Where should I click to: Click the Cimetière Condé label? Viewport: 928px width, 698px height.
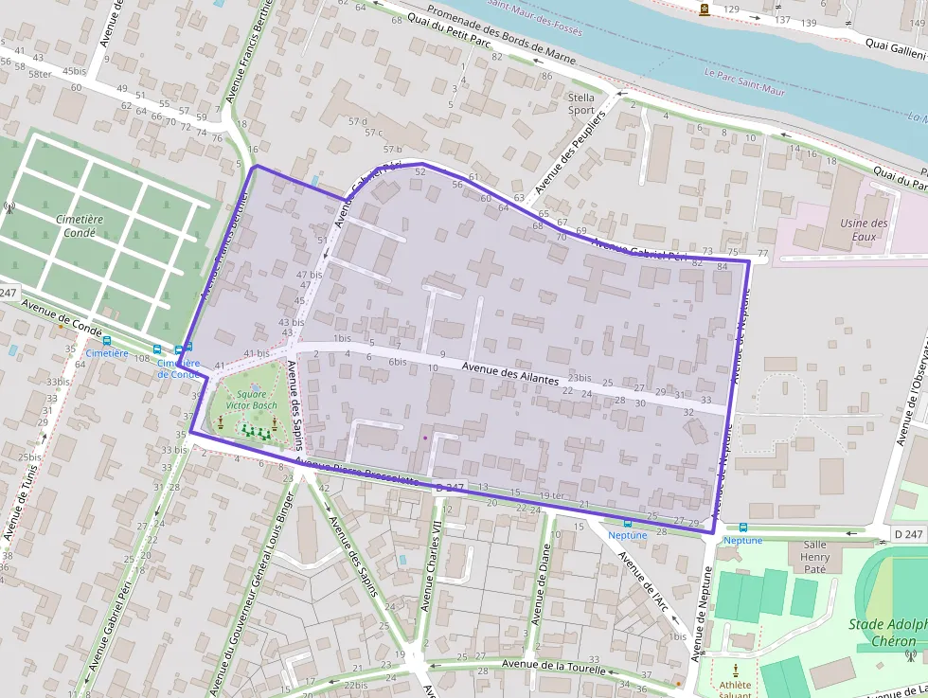[x=80, y=225]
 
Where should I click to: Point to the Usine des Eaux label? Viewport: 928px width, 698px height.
[x=864, y=230]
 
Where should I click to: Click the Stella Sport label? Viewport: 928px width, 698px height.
[x=581, y=103]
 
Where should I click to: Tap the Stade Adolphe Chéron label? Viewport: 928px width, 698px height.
[x=886, y=632]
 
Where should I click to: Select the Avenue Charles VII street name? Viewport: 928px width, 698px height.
[x=431, y=566]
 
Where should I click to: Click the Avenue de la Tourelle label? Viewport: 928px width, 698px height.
[x=552, y=666]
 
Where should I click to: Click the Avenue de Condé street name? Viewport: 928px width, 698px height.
[x=62, y=317]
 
